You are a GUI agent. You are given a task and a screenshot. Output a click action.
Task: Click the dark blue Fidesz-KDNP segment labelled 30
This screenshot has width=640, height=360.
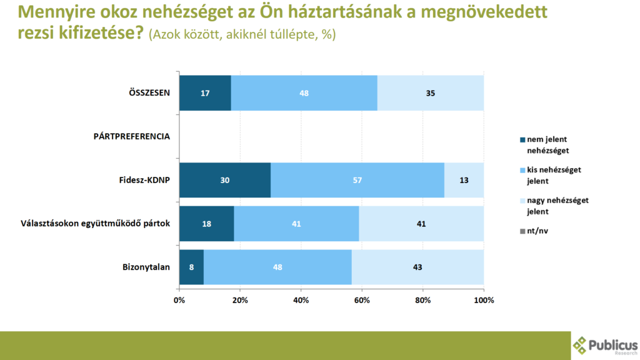[x=224, y=180]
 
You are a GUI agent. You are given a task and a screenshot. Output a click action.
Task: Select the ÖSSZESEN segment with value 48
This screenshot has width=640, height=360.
[x=304, y=93]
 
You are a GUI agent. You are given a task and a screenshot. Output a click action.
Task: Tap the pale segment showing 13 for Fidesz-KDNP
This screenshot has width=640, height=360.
[x=464, y=180]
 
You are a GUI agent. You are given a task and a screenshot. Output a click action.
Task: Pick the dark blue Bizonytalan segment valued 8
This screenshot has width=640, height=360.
[x=191, y=267]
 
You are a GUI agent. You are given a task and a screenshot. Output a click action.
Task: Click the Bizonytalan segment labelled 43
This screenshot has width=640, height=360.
[x=417, y=267]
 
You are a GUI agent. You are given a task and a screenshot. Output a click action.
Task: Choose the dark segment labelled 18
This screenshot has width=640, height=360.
[x=207, y=224]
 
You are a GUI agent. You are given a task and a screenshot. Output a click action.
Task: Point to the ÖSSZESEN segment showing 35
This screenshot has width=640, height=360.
[x=430, y=93]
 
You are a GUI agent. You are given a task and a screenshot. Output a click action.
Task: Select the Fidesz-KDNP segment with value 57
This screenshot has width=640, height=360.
[x=357, y=180]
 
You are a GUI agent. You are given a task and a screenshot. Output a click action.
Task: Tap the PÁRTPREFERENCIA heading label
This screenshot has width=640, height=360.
[x=131, y=136]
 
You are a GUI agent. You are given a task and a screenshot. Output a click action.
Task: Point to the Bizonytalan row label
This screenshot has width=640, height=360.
[x=146, y=267]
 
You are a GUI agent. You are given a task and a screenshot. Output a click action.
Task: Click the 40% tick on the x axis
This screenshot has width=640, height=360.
[x=301, y=300]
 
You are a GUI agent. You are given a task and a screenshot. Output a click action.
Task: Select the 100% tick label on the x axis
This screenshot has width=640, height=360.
[x=484, y=300]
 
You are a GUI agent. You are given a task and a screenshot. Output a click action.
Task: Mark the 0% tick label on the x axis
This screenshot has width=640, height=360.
[x=179, y=300]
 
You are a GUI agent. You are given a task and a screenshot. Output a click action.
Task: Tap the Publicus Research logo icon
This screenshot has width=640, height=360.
[x=581, y=344]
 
